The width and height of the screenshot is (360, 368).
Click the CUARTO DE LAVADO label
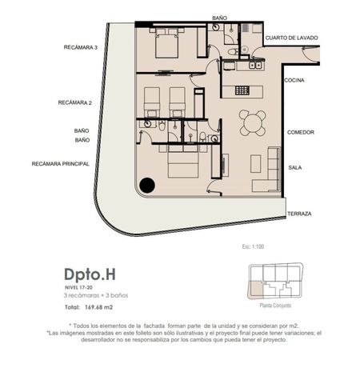291,38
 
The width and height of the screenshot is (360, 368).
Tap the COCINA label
294,80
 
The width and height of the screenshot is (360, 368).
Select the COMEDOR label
301,132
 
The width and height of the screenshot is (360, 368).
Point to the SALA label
295,168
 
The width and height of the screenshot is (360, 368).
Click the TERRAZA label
299,214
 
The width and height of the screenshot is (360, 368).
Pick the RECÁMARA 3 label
81,47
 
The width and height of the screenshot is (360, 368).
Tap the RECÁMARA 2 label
75,102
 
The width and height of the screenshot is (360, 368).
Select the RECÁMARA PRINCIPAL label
61,164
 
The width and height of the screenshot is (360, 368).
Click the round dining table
252,123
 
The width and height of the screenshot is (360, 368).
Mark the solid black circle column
147,185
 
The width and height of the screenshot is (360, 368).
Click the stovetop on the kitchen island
242,90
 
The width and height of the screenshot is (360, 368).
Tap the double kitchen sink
255,65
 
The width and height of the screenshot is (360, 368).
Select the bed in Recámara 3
167,43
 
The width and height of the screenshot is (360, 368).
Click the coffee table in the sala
256,164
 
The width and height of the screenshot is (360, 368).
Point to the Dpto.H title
90,274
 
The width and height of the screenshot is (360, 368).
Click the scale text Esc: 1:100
253,246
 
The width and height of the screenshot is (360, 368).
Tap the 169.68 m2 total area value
98,307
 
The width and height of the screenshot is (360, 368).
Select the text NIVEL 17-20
78,288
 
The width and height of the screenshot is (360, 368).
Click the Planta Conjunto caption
275,306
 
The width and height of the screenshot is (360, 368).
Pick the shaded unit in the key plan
256,290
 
